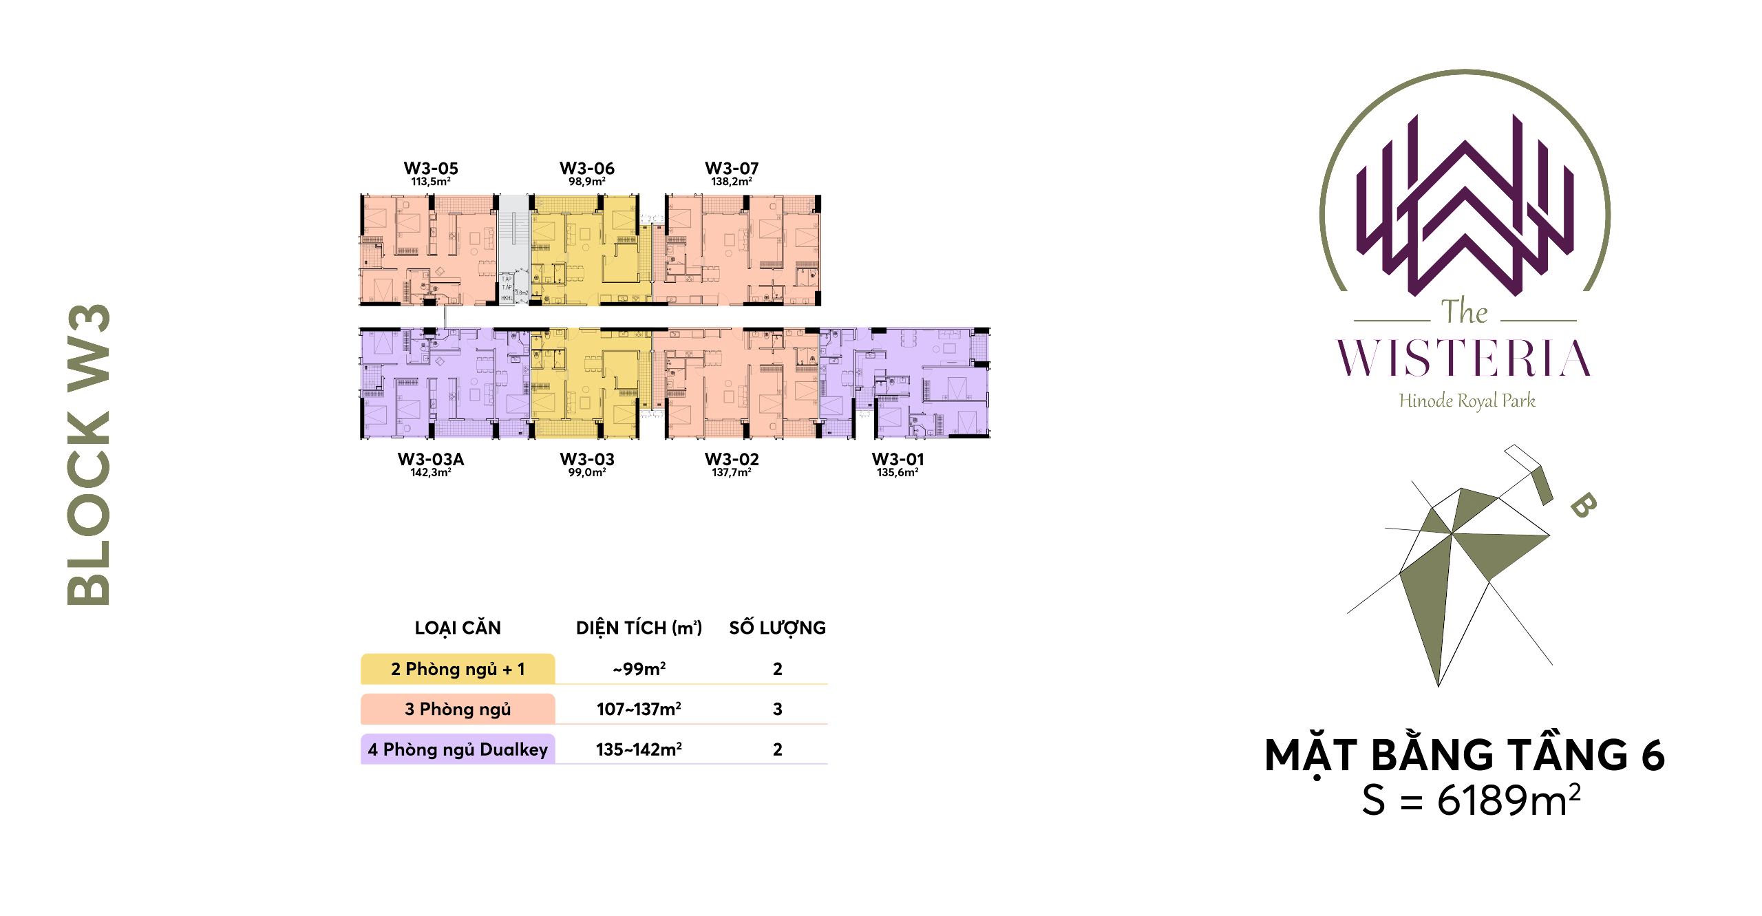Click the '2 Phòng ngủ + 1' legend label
coord(458,669)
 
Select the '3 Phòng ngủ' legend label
coord(458,709)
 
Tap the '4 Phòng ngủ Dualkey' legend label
coord(458,749)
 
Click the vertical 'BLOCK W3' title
coord(89,454)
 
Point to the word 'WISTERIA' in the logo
coord(1464,359)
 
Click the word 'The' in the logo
coord(1464,312)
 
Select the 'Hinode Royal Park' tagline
coord(1467,401)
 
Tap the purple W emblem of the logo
coord(1465,206)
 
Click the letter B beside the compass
coord(1582,505)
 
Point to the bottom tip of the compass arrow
coord(1437,684)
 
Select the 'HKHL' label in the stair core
coord(507,298)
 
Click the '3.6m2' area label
coord(522,292)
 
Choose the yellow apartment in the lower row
coord(591,383)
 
